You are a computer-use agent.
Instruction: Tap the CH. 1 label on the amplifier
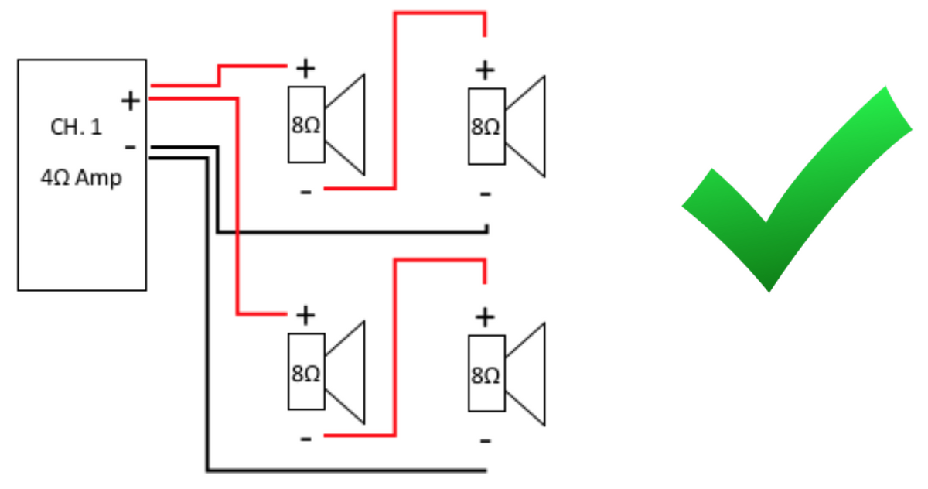(x=76, y=128)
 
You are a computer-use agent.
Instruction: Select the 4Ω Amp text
(x=81, y=178)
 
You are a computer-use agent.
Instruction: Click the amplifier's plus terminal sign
(x=131, y=100)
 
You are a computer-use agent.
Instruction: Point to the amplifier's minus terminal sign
(x=131, y=146)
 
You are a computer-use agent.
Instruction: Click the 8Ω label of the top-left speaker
(x=306, y=126)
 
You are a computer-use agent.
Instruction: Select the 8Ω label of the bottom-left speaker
(x=306, y=374)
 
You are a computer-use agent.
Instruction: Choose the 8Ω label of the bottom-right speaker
(x=486, y=375)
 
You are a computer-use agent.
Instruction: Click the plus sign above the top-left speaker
(x=306, y=69)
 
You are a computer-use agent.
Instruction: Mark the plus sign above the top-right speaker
(x=485, y=70)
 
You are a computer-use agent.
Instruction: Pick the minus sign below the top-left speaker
(x=306, y=191)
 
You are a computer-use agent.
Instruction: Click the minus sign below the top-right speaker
(x=485, y=193)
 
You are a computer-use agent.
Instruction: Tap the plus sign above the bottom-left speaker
(x=306, y=315)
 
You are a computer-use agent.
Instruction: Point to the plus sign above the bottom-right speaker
(x=485, y=316)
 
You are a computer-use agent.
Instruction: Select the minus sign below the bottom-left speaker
(x=306, y=439)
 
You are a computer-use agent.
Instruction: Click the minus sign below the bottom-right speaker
(x=485, y=440)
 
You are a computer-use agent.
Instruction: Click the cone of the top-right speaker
(x=527, y=126)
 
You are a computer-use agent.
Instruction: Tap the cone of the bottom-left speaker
(x=347, y=373)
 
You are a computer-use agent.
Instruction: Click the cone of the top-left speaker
(x=347, y=124)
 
